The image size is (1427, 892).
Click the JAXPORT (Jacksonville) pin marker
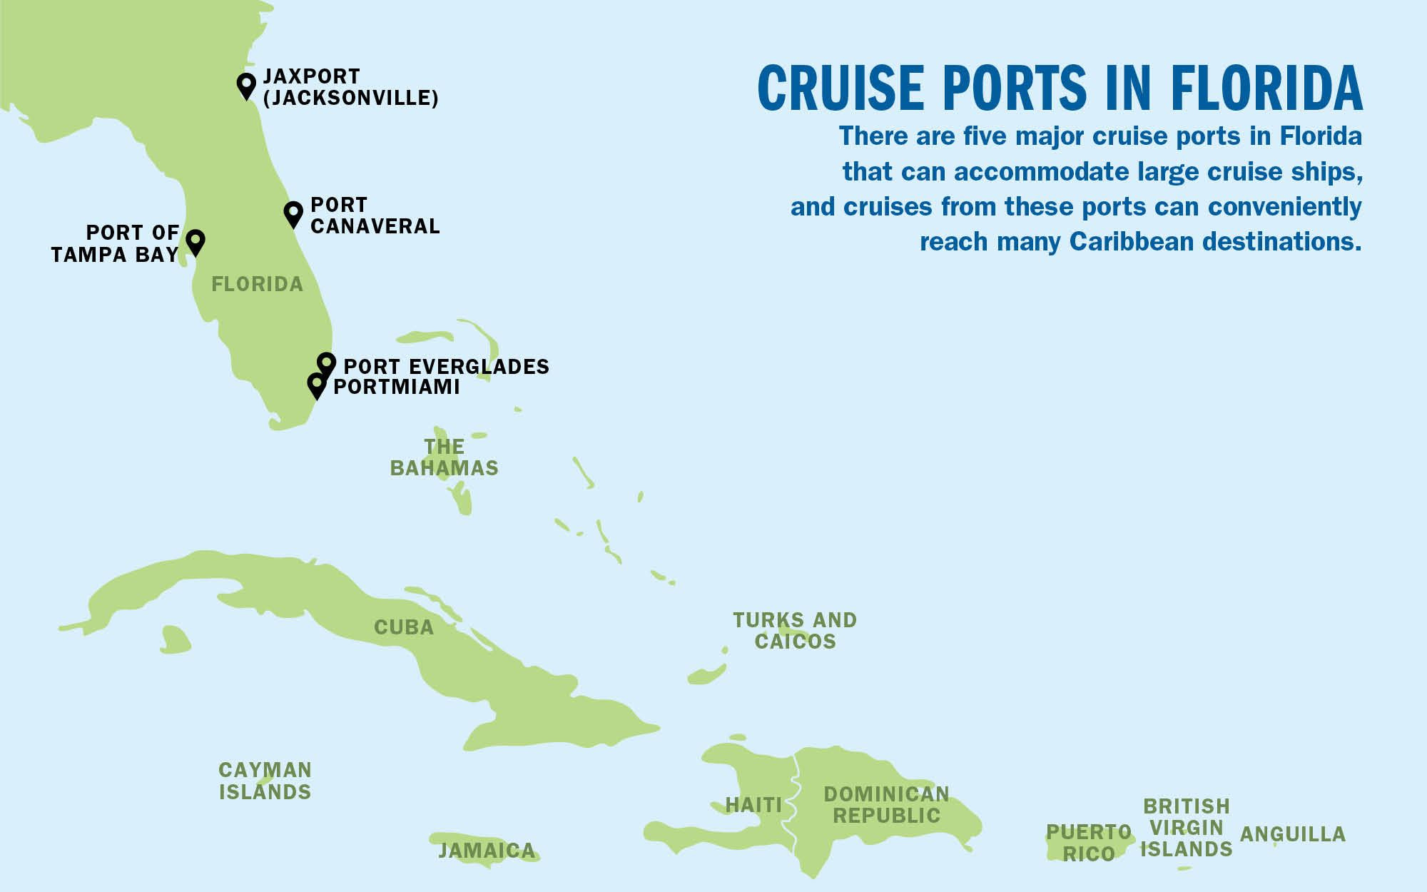(246, 84)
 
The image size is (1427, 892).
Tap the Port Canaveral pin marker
(293, 212)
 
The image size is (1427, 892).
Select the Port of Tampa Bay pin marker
(195, 240)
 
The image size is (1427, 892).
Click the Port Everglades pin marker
(326, 363)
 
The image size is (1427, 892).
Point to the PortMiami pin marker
(316, 383)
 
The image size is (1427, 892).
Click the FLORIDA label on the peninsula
(258, 284)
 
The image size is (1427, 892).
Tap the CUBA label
(404, 627)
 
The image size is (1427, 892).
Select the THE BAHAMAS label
(444, 457)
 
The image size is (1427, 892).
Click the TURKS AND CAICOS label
(795, 631)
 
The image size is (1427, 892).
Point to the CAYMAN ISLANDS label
(265, 781)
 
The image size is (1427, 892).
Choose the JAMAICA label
(487, 851)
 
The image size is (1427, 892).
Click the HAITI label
(753, 805)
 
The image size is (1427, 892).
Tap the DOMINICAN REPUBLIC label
(886, 805)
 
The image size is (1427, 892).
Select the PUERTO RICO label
(1089, 843)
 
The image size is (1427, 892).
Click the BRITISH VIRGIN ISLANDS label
(1187, 828)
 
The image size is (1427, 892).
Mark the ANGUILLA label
(1293, 834)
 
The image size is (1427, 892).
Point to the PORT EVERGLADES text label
(447, 367)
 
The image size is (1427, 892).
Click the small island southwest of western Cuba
(176, 639)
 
